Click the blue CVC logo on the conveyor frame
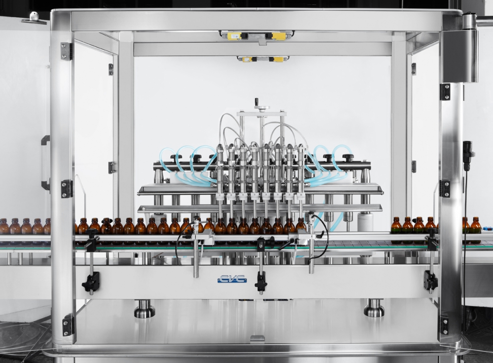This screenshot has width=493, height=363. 232,279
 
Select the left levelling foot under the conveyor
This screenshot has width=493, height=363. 144,308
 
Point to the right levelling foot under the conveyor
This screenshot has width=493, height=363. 374,308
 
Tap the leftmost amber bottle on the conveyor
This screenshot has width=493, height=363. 4,227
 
